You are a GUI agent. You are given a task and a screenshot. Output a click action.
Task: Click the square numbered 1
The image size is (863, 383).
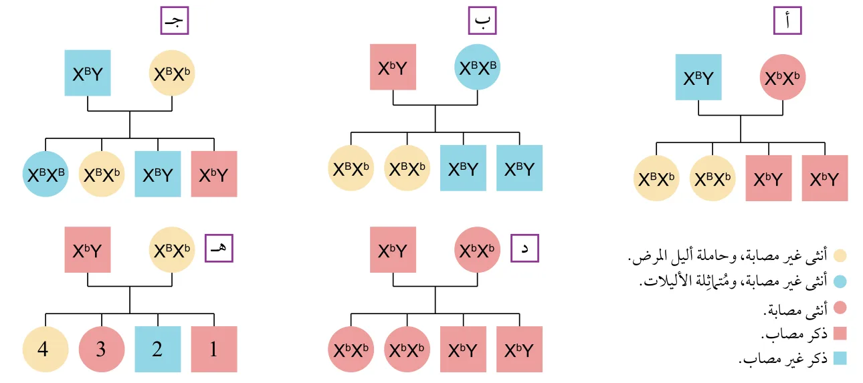point(214,349)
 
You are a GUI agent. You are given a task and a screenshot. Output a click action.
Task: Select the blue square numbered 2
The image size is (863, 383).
point(158,349)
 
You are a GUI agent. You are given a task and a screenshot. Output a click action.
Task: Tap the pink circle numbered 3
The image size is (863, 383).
point(102,349)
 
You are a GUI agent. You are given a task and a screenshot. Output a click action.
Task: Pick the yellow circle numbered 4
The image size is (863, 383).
point(45,349)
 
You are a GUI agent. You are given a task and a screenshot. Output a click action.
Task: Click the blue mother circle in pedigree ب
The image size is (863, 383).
point(478,67)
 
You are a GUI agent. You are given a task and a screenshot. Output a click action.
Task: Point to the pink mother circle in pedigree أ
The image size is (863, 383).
point(783,77)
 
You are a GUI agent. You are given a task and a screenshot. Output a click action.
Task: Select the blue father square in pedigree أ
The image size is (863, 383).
point(698,77)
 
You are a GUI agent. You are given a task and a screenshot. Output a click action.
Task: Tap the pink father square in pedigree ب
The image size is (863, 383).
point(393,67)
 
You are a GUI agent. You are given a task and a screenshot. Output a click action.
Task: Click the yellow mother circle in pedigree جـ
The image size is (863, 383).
point(172,73)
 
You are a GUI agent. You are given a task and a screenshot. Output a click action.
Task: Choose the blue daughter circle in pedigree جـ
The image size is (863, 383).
point(45,174)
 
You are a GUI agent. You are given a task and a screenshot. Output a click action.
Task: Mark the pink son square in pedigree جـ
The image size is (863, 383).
point(214,174)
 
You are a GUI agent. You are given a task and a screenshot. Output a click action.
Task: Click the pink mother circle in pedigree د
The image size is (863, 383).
point(478,249)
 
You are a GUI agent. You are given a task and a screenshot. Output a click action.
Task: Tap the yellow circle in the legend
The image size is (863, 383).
point(840,255)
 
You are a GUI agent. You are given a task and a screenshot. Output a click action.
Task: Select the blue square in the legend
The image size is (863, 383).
point(840,358)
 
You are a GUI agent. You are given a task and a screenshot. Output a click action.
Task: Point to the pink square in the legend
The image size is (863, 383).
point(840,334)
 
